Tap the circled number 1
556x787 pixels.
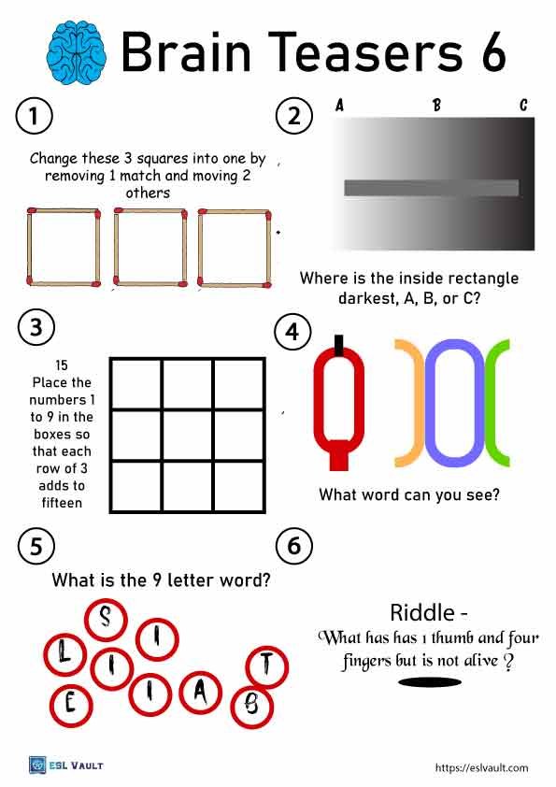pos(34,117)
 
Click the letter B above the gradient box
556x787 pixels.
pos(436,106)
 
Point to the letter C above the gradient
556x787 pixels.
pos(524,106)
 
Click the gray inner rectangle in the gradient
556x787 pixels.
pos(431,188)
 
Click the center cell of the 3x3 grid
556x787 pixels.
pos(187,435)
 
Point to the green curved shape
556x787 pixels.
pos(495,403)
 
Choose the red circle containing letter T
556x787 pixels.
pos(266,665)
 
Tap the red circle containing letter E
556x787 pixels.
pos(69,705)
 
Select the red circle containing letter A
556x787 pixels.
pos(201,691)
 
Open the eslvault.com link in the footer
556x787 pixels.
pos(482,767)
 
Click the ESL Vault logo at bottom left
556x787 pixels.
pos(65,766)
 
